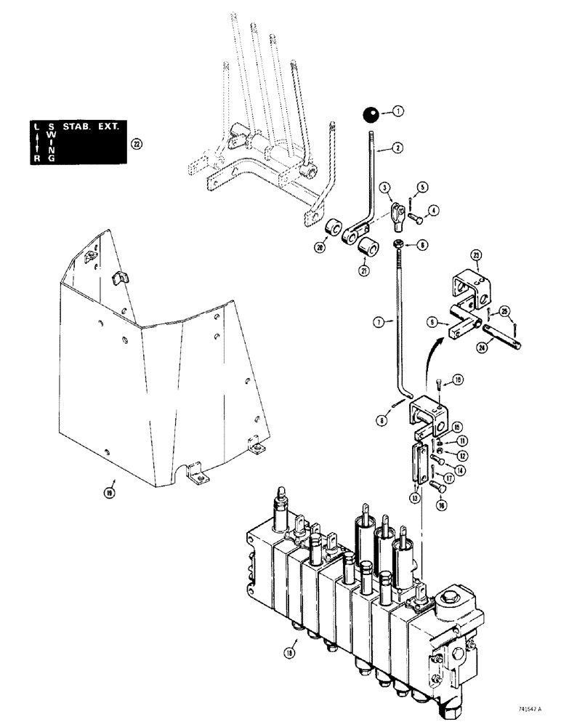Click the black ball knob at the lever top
pyautogui.click(x=371, y=115)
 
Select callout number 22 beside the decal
pyautogui.click(x=135, y=144)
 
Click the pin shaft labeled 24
pyautogui.click(x=501, y=337)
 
